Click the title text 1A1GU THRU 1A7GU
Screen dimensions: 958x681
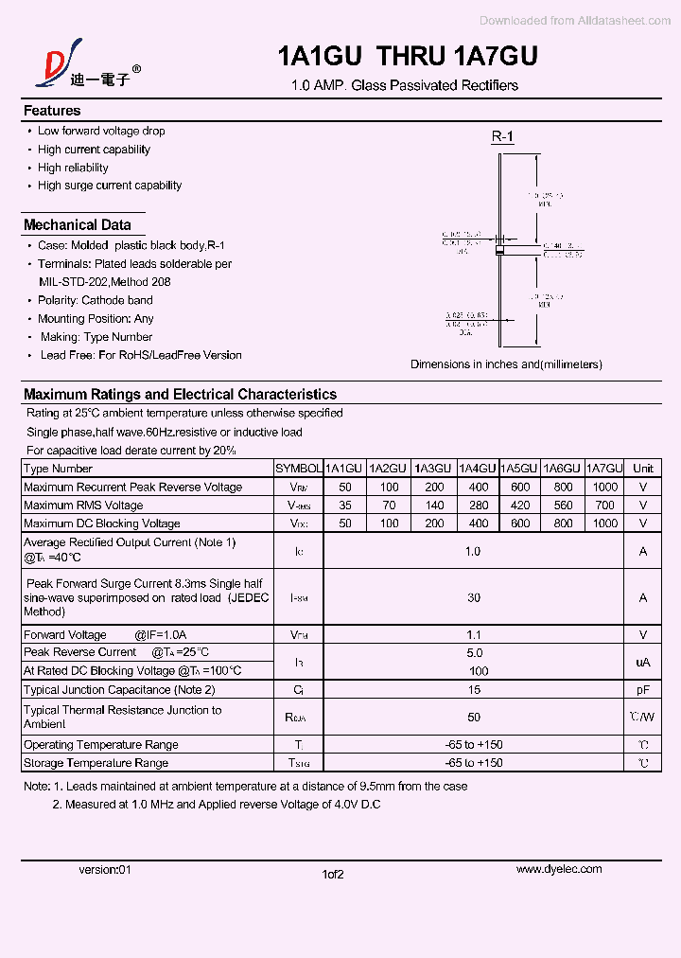point(408,57)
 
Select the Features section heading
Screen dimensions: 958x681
point(52,111)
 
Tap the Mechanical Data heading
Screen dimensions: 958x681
point(77,225)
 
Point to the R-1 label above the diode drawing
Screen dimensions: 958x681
point(502,137)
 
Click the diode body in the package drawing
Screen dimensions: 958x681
point(500,251)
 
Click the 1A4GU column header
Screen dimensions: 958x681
point(478,469)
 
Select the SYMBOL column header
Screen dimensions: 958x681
point(298,469)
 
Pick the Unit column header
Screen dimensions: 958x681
point(643,469)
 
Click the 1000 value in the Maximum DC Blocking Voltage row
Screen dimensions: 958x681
point(604,523)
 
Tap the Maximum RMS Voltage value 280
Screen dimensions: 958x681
point(479,506)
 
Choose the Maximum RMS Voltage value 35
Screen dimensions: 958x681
point(344,506)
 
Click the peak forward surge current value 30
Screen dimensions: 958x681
point(473,597)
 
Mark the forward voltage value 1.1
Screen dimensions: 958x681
point(473,635)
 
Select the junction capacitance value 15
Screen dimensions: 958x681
point(473,690)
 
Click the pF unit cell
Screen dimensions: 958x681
point(643,690)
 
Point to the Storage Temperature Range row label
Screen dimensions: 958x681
point(96,763)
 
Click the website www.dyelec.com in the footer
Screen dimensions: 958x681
point(559,869)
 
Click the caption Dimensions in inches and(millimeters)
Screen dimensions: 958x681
point(506,364)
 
